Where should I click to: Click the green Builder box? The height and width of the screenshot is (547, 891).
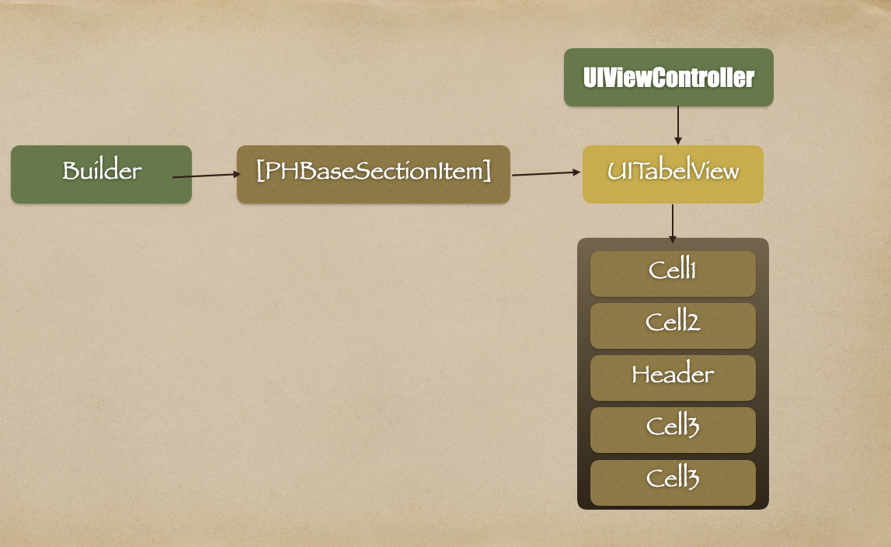point(101,174)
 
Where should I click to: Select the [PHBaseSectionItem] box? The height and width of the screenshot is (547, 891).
point(373,174)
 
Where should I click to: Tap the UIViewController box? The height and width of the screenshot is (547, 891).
point(668,77)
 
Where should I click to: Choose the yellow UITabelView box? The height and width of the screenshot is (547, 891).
point(673,174)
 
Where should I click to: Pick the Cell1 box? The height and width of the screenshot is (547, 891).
point(673,273)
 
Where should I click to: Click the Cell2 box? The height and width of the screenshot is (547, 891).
point(673,326)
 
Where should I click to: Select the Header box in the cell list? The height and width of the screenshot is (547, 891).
point(673,378)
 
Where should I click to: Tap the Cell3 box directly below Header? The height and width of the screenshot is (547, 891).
point(673,430)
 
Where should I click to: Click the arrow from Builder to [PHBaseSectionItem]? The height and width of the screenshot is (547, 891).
point(206,176)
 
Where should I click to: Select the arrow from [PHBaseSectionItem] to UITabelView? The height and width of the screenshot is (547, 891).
point(545,173)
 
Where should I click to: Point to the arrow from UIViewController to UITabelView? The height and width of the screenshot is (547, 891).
point(678,124)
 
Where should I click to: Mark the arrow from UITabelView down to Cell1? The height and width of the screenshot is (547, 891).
point(673,223)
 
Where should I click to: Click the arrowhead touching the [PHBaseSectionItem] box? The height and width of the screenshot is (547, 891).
point(238,174)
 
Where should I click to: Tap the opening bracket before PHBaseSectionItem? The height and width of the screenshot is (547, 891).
point(260,171)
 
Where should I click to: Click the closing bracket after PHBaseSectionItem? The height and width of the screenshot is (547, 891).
point(488,171)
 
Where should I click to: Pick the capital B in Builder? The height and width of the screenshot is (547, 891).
point(71,171)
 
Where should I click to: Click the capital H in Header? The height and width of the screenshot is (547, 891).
point(641,375)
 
